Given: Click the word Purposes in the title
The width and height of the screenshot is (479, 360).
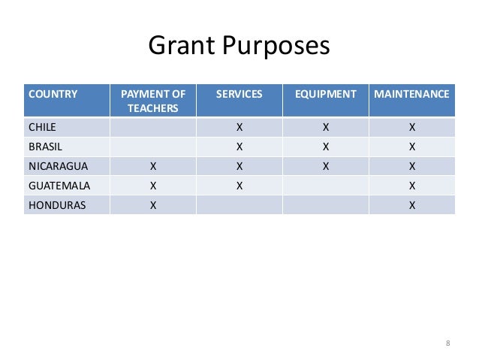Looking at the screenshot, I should point(273,47).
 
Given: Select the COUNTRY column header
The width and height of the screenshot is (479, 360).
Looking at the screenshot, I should point(53,95).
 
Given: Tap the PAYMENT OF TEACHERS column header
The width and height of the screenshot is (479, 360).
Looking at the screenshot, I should point(152,101).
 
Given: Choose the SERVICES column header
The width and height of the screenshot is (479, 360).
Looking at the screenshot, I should point(239,95).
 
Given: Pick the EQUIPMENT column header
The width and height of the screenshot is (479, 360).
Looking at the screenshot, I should point(325,95).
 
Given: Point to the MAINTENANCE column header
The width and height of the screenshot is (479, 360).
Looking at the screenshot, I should point(411,95).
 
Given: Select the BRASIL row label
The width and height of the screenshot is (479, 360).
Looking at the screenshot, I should point(44,147).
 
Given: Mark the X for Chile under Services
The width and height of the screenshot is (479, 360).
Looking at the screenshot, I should point(239,127).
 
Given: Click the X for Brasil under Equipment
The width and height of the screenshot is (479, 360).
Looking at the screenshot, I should point(325,147).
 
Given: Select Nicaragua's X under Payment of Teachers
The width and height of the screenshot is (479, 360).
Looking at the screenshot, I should point(152,166).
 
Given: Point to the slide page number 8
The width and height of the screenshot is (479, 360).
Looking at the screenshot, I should point(447,343).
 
